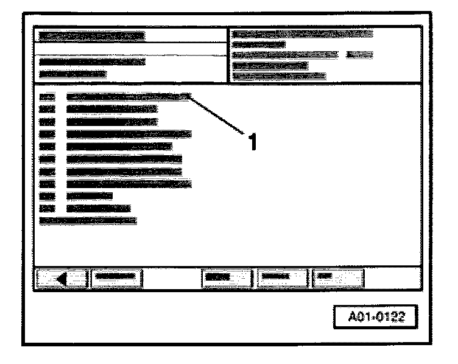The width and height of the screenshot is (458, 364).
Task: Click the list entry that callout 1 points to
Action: click(x=128, y=96)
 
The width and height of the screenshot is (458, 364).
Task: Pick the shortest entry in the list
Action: click(x=90, y=196)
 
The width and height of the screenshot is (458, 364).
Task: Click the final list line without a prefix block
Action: click(x=88, y=220)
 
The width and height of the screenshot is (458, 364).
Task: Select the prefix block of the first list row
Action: click(x=47, y=96)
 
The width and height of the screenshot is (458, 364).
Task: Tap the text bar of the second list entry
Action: click(x=112, y=109)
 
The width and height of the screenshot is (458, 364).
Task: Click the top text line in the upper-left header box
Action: click(x=91, y=36)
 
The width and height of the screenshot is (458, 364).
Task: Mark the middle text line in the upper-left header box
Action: click(x=91, y=61)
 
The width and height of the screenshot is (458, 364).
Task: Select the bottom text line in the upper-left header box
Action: click(x=72, y=74)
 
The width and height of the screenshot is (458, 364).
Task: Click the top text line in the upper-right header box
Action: click(x=302, y=33)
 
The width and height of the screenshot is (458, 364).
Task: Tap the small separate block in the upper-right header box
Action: click(x=359, y=55)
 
